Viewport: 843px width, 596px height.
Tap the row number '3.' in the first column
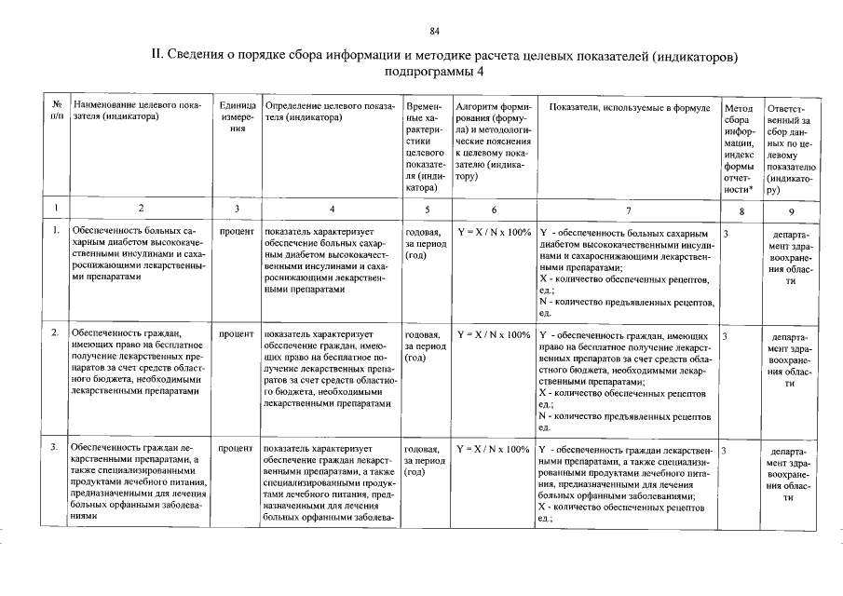[56, 449]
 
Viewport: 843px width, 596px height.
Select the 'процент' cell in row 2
[238, 332]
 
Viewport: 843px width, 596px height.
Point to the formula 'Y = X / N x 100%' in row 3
[494, 449]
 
